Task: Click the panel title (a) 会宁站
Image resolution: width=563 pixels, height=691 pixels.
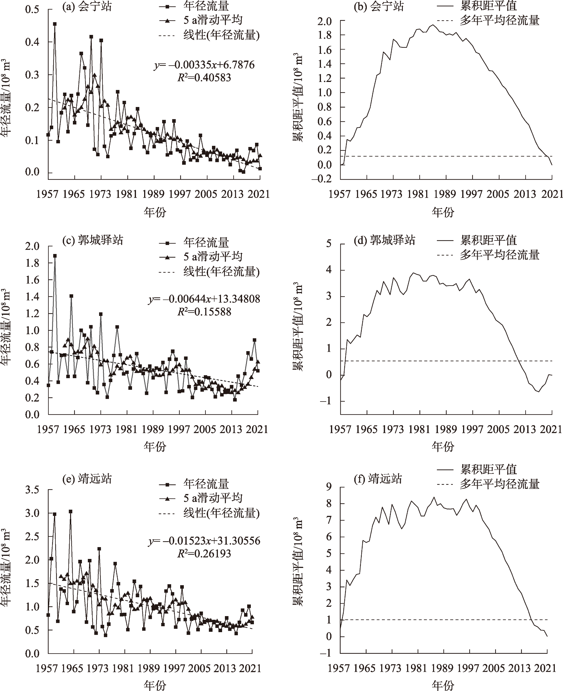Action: pyautogui.click(x=87, y=6)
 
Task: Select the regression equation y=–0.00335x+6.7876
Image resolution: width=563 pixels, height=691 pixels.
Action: pyautogui.click(x=204, y=65)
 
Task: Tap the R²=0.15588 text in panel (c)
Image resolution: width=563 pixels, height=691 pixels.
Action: pyautogui.click(x=204, y=312)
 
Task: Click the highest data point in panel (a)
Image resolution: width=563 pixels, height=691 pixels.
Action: pyautogui.click(x=55, y=24)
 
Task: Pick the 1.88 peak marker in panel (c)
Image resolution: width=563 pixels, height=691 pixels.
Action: pyautogui.click(x=55, y=256)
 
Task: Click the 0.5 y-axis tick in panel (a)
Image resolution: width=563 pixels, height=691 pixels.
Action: pyautogui.click(x=32, y=9)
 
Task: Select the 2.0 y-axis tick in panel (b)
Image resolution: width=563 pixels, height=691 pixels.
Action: pyautogui.click(x=324, y=21)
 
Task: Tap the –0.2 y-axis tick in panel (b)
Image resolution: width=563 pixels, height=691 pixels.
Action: pyautogui.click(x=322, y=179)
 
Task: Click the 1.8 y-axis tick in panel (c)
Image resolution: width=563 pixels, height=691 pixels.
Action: pyautogui.click(x=32, y=263)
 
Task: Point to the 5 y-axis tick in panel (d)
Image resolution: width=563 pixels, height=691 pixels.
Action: pyautogui.click(x=329, y=243)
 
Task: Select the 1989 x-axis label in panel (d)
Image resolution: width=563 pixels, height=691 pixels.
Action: pyautogui.click(x=446, y=429)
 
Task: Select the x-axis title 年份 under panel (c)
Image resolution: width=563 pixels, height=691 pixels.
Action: pyautogui.click(x=155, y=447)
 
